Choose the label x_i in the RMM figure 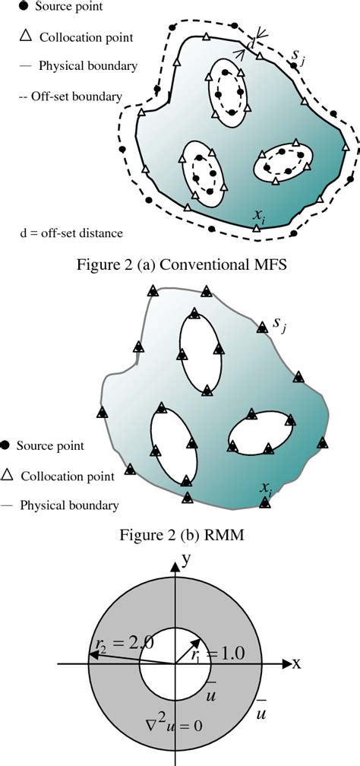point(265,487)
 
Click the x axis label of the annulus point(297,663)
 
